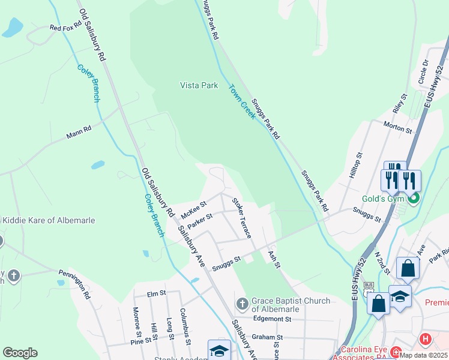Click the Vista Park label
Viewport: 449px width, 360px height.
[199, 86]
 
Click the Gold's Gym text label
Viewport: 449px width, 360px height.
[382, 199]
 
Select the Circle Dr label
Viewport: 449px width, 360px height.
[426, 71]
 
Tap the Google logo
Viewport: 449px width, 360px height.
[20, 353]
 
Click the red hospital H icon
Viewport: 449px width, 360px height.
[426, 340]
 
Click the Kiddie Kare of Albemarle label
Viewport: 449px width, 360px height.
[48, 220]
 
